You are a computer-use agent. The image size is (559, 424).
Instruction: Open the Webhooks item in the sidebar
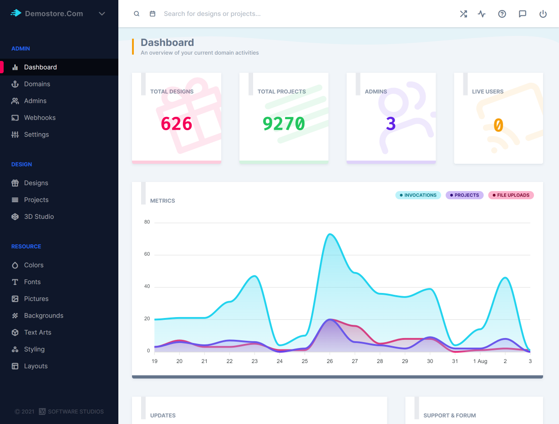coord(40,118)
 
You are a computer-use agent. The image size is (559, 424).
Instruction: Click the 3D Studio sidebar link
coord(39,217)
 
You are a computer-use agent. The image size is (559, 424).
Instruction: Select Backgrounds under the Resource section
coord(43,316)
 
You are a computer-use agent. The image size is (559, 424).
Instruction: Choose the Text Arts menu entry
coord(37,333)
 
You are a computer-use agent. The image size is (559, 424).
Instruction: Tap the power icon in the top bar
coord(543,14)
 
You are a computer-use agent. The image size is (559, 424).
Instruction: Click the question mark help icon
coord(502,14)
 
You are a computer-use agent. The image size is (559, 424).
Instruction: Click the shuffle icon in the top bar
coord(463,14)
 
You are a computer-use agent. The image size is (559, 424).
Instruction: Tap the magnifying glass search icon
coord(137,14)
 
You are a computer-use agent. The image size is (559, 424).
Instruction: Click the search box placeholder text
coord(212,14)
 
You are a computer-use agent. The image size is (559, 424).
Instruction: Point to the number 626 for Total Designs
coord(177,124)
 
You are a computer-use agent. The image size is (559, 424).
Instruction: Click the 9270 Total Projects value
coord(284,124)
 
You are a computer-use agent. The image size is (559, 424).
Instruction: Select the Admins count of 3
coord(391,124)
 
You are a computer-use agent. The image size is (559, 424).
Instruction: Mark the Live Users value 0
coord(498,125)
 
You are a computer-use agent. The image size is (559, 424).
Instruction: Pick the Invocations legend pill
coord(418,195)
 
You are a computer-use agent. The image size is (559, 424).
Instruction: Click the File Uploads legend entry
coord(510,195)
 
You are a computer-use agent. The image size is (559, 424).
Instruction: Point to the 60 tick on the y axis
coord(147,254)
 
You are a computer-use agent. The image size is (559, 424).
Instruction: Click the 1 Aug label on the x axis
coord(480,361)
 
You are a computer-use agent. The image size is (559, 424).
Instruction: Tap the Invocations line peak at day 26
coord(330,235)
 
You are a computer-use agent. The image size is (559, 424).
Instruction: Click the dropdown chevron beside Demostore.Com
coord(102,14)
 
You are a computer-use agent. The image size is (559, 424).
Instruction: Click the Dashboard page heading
coord(167,43)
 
